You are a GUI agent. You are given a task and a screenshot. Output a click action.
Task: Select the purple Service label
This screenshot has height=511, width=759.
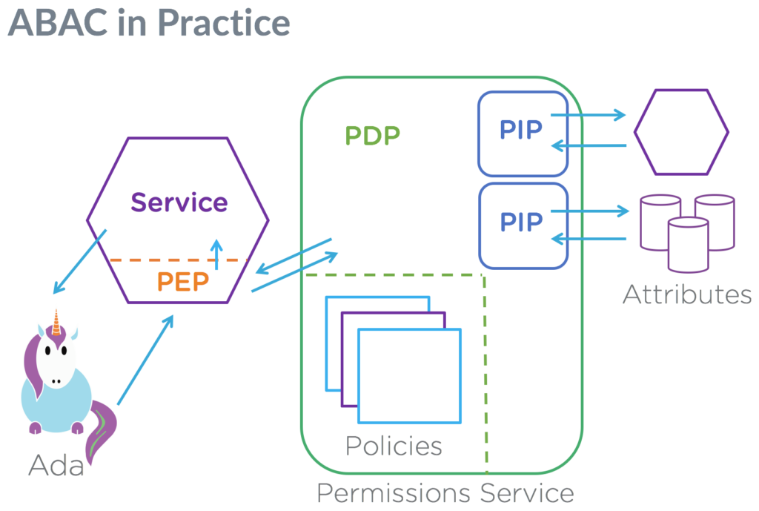click(x=179, y=202)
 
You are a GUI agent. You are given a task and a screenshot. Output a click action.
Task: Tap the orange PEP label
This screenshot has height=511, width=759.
click(x=183, y=283)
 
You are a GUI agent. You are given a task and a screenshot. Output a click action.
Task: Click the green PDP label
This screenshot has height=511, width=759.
click(x=372, y=135)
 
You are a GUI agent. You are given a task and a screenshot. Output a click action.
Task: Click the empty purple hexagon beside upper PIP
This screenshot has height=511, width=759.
click(x=680, y=132)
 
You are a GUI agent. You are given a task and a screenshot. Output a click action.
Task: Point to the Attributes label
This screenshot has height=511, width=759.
click(x=687, y=294)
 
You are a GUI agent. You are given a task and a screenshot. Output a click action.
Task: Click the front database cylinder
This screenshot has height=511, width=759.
click(x=688, y=245)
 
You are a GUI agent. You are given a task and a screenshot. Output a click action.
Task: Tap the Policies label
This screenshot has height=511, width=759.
click(x=394, y=446)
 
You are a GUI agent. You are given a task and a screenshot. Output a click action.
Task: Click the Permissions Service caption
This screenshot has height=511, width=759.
click(x=445, y=493)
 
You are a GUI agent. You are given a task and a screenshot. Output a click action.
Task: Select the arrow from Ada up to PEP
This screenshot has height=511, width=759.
click(x=145, y=360)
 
